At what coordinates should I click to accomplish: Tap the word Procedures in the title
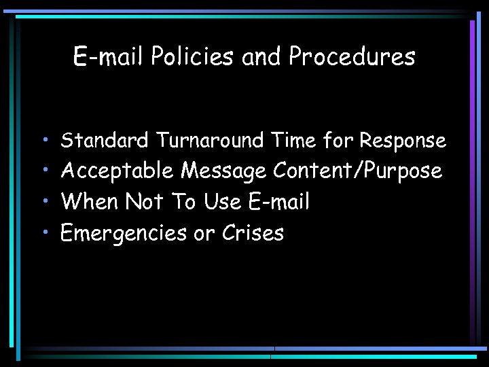click(x=351, y=57)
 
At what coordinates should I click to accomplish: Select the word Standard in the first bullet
click(x=105, y=141)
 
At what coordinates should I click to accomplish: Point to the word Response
click(x=402, y=141)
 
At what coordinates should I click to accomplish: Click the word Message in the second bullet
click(x=223, y=171)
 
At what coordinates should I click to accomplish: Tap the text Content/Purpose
click(x=357, y=171)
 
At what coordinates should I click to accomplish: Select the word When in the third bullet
click(x=89, y=202)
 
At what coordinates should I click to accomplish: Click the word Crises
click(x=253, y=233)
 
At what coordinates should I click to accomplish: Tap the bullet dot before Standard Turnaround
click(x=44, y=141)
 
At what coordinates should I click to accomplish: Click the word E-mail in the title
click(x=109, y=57)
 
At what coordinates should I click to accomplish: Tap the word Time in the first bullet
click(x=293, y=141)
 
